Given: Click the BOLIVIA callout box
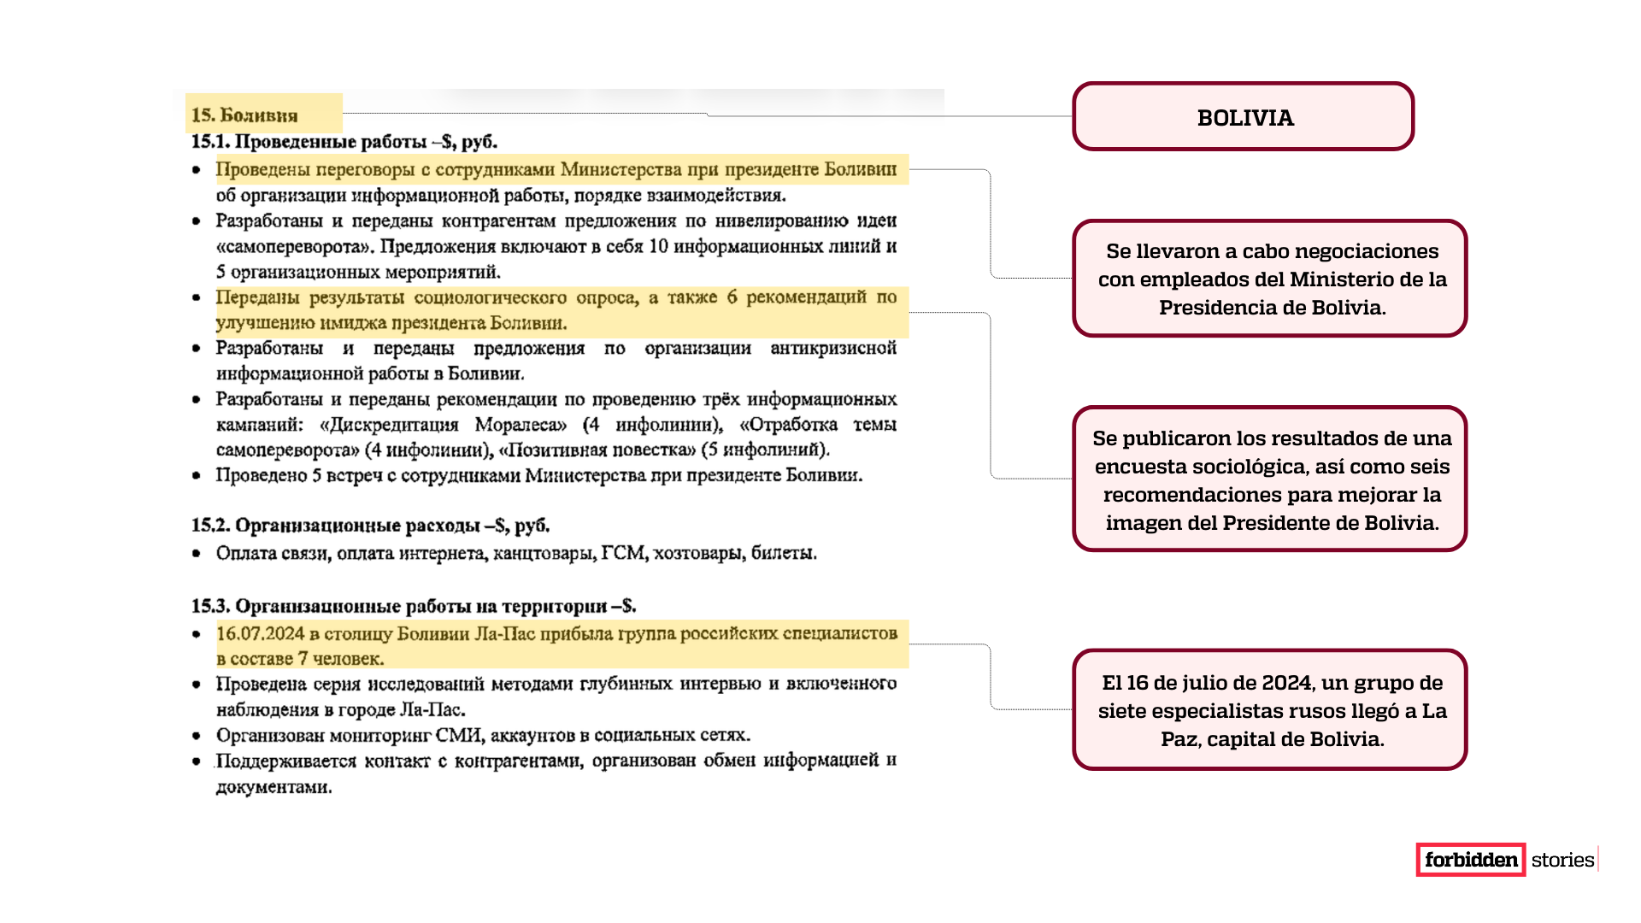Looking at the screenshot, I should [x=1244, y=117].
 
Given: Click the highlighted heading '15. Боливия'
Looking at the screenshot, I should [x=244, y=115].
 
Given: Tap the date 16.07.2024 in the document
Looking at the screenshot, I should [x=260, y=633].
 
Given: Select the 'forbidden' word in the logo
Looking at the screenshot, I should [x=1471, y=860].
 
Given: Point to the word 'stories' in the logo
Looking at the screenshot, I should [x=1562, y=860].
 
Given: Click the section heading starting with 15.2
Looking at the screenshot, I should [x=370, y=525].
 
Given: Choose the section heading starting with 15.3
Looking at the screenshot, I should [x=413, y=606].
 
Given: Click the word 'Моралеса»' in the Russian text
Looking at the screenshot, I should [x=521, y=425].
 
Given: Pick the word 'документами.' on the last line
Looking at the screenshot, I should [x=273, y=787].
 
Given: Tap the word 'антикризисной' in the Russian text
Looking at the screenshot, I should [x=832, y=349].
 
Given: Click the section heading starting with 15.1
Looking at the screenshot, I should [x=344, y=141].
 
